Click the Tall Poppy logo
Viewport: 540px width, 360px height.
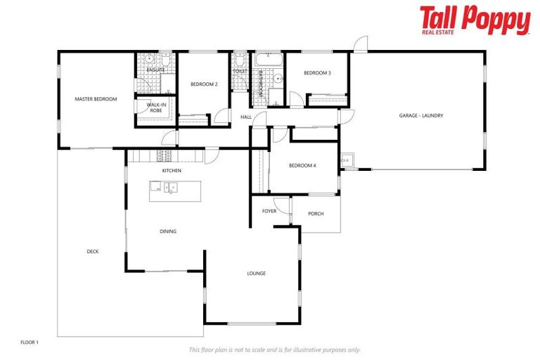coord(475,20)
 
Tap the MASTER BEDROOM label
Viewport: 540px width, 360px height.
coord(96,99)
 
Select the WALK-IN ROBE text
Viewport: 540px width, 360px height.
coord(155,108)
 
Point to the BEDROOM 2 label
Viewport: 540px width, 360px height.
coord(204,84)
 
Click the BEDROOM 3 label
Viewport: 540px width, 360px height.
coord(317,73)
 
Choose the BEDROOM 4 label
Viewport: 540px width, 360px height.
coord(302,165)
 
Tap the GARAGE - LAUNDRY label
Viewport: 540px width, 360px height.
coord(421,115)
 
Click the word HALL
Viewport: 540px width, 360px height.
coord(246,117)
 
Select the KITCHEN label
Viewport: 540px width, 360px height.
coord(172,171)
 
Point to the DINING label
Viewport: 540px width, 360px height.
coord(167,231)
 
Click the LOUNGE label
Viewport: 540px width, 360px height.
coord(256,273)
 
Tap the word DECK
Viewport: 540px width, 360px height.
coord(92,252)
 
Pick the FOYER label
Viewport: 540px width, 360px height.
coord(269,211)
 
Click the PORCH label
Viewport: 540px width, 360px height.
coord(316,214)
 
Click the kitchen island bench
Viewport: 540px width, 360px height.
coord(174,191)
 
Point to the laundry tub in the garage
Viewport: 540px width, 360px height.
coord(347,158)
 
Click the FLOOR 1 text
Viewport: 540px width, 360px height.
coord(30,342)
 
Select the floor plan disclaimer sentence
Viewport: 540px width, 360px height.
coord(274,349)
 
